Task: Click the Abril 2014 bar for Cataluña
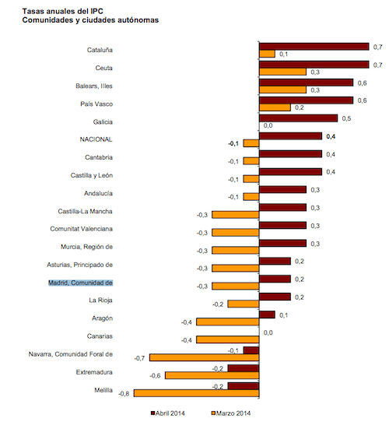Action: point(314,47)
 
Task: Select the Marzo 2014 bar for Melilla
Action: point(196,393)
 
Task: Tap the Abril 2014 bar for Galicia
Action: point(298,118)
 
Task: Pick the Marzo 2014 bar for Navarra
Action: point(204,357)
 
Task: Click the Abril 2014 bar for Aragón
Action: point(267,315)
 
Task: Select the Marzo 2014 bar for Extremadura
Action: point(212,375)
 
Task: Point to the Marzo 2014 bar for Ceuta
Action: point(282,72)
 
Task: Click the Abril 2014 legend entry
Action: point(168,413)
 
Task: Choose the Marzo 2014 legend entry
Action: point(231,413)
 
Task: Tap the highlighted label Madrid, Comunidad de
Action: point(80,283)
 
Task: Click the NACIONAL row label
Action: point(96,139)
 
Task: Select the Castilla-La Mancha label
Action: point(85,211)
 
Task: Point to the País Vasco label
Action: point(96,104)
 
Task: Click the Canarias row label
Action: point(100,336)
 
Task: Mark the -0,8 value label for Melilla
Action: point(124,394)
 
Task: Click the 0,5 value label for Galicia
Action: point(346,118)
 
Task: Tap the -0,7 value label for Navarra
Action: point(139,358)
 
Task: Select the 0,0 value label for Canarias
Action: point(268,332)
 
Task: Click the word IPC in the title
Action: point(95,12)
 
